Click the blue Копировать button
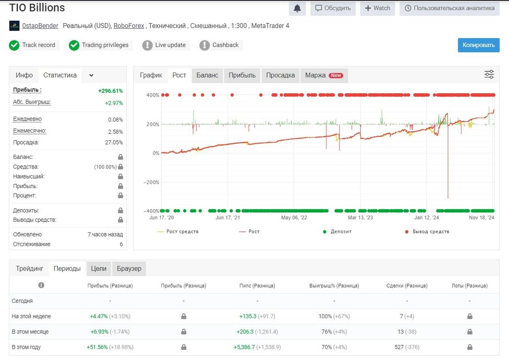[478, 45]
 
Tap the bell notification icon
[297, 9]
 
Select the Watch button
[377, 8]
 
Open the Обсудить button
[333, 8]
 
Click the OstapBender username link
[40, 25]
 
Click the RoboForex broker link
[129, 25]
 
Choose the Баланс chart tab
[207, 75]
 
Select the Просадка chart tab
[280, 75]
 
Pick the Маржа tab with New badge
[324, 75]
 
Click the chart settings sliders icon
[489, 74]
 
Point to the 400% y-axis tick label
[153, 95]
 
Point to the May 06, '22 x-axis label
[294, 217]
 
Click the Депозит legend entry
[337, 231]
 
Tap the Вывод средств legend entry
[427, 231]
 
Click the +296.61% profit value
[110, 91]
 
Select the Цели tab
[99, 269]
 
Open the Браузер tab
[129, 269]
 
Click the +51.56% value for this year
[97, 347]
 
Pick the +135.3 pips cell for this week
[248, 316]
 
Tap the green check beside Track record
[14, 46]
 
